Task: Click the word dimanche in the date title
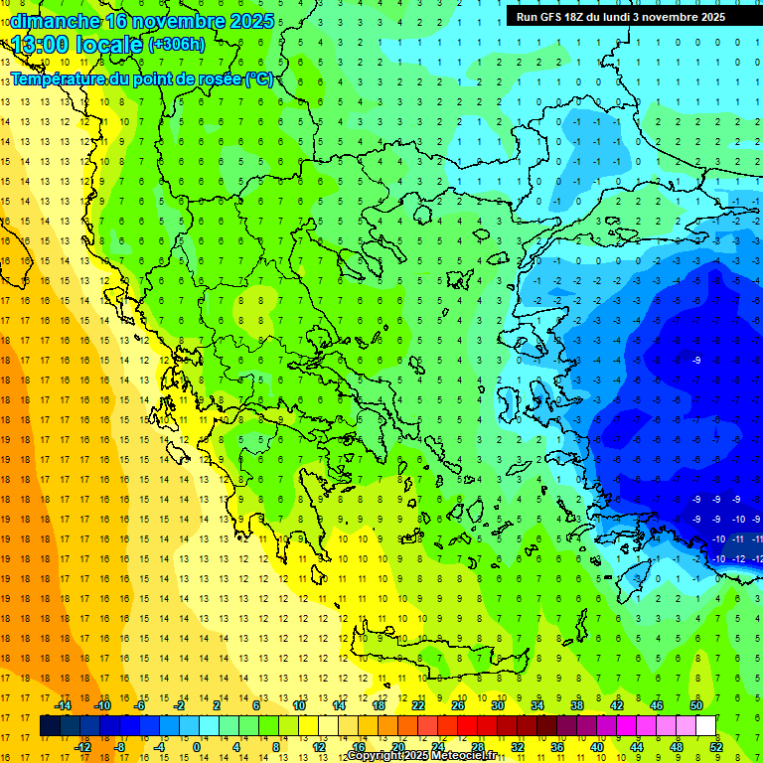(x=55, y=21)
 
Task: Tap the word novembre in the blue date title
(x=175, y=21)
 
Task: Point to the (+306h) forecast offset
(x=177, y=45)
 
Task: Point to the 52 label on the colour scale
(x=716, y=746)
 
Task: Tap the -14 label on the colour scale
(x=64, y=705)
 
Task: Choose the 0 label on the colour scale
(x=196, y=746)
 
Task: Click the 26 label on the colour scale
(x=458, y=705)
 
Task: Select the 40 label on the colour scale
(x=597, y=746)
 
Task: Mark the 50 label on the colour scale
(x=696, y=705)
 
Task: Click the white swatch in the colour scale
(x=705, y=726)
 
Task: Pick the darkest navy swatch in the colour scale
(x=50, y=726)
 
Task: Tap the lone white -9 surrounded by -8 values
(x=696, y=360)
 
